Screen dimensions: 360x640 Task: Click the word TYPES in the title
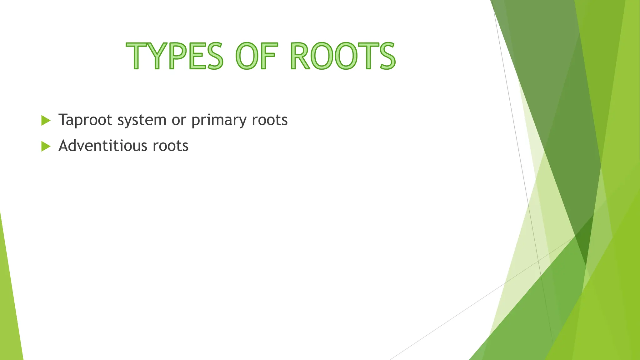(175, 56)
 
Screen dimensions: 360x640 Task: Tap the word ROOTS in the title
(343, 56)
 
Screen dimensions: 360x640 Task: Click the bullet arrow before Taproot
(46, 120)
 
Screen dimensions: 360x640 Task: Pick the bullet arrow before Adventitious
(46, 146)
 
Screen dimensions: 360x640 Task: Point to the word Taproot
(85, 120)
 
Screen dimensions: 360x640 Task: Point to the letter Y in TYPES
(156, 56)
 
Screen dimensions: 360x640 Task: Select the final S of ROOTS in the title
(387, 56)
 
